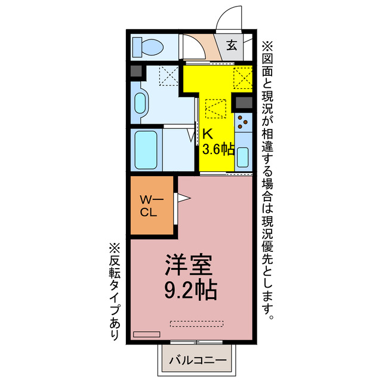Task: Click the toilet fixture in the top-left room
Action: click(147, 46)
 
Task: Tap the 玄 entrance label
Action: click(232, 45)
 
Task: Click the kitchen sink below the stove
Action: click(243, 156)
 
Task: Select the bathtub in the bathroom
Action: click(146, 149)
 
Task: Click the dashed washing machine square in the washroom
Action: click(168, 77)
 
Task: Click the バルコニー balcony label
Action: click(197, 360)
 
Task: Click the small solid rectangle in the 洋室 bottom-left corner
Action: click(147, 334)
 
